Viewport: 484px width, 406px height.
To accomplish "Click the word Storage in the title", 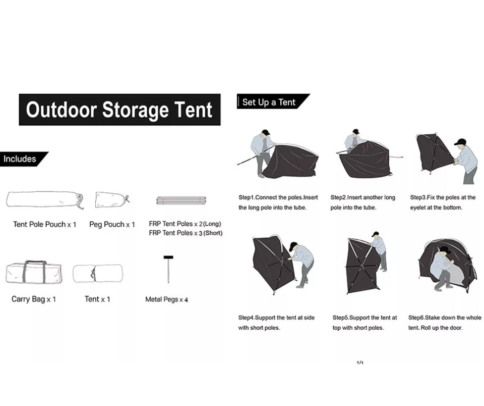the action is [x=134, y=110].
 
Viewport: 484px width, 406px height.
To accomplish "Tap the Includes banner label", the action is [x=20, y=159].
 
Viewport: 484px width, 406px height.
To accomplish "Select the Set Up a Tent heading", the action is [x=269, y=102].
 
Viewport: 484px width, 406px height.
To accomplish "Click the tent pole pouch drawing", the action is [x=45, y=200].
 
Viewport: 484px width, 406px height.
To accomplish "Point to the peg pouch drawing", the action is [x=112, y=199].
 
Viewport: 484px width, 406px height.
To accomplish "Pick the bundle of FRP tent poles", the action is [x=181, y=200].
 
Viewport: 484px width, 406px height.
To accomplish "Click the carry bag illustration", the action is [x=34, y=272].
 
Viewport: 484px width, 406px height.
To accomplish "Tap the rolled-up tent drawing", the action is [x=97, y=273].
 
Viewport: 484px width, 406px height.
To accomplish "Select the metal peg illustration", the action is [x=168, y=269].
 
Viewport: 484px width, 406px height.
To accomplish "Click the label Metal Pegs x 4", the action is [x=166, y=299].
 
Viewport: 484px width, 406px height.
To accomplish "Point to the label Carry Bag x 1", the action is [x=34, y=299].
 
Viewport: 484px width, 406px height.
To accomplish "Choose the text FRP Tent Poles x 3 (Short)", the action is [x=186, y=233].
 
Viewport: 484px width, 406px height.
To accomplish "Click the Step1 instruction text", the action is [x=278, y=202].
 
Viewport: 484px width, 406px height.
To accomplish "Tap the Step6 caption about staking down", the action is [x=445, y=323].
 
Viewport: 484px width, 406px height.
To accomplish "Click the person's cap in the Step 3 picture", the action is [x=460, y=142].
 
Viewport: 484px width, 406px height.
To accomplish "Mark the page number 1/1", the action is [x=360, y=363].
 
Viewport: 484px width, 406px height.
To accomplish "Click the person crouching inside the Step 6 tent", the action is [x=442, y=269].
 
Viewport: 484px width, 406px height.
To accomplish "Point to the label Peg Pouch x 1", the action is [x=112, y=224].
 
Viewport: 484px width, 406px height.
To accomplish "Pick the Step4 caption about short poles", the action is [x=276, y=323].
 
